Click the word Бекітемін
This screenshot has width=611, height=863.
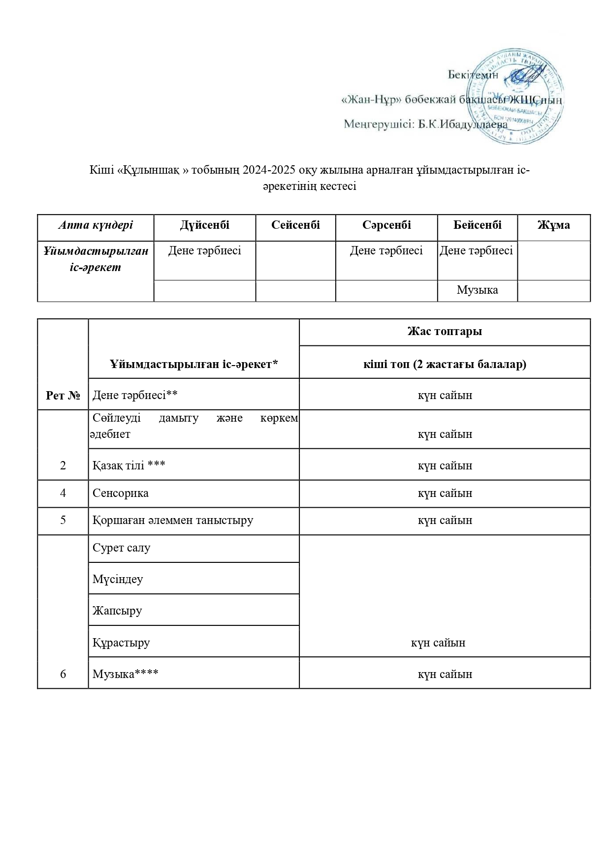tap(473, 75)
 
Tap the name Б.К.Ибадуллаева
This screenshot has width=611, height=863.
tap(463, 124)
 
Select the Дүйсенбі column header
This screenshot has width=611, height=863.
tap(205, 225)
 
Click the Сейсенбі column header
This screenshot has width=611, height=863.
tap(295, 225)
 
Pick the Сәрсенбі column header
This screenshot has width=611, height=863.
tap(386, 225)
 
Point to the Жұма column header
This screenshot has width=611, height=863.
tap(553, 225)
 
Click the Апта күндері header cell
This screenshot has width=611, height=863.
tap(96, 225)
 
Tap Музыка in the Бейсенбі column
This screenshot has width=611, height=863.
tap(477, 290)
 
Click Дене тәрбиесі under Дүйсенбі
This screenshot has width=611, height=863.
tap(205, 251)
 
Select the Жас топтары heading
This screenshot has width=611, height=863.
tap(445, 332)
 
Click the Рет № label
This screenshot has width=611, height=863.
tap(63, 396)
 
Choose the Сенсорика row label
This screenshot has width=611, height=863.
tap(121, 493)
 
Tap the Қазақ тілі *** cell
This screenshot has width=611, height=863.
tap(129, 465)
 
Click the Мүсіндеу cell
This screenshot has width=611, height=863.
tap(118, 579)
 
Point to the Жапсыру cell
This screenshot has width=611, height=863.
tap(117, 611)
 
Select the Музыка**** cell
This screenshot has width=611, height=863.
tap(126, 674)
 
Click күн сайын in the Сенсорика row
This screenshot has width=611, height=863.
tap(445, 493)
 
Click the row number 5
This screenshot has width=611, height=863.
tap(63, 521)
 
